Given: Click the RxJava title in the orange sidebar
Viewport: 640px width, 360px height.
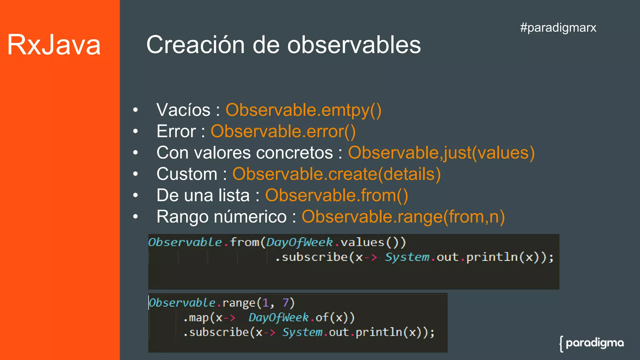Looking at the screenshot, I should coord(54,45).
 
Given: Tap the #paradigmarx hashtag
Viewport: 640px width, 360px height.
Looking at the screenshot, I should coord(558,27).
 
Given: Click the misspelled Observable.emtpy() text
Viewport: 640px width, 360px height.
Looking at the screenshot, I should coord(303,110).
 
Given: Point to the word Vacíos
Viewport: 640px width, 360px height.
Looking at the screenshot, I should coord(183,110).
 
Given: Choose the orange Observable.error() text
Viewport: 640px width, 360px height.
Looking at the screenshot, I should coord(283,132).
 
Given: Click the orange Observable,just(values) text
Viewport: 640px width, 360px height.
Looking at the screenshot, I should coord(441,153).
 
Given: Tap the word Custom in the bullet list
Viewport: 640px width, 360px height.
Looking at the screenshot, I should coord(187,174).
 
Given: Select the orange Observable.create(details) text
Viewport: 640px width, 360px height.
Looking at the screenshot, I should coord(337,174).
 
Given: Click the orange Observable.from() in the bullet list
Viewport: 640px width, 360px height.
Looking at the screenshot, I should coord(337,196).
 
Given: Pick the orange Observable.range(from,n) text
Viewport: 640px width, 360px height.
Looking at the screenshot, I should coord(403,217).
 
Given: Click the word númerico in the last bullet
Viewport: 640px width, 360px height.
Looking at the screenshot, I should coord(247,217).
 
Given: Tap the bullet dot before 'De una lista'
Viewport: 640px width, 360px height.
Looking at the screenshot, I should coord(135,196).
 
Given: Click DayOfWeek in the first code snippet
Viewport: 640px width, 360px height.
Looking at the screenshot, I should coord(299,242).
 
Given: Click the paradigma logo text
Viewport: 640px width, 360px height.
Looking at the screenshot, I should coord(595,343).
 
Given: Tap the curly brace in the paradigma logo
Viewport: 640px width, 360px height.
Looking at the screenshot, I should coord(562,344).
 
